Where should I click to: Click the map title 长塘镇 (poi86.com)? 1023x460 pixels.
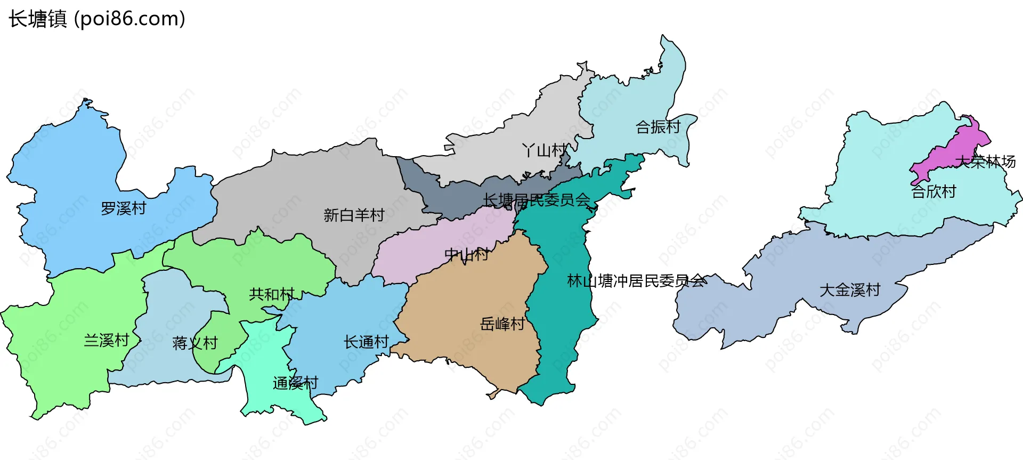point(97,19)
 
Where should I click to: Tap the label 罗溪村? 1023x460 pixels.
point(124,208)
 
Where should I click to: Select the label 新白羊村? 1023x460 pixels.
point(354,215)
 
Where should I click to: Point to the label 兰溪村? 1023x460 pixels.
point(107,340)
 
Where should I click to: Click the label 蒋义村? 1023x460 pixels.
point(195,343)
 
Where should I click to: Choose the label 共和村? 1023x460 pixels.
point(272,294)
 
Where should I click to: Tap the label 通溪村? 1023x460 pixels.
point(295,383)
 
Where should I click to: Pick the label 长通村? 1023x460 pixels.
point(366,342)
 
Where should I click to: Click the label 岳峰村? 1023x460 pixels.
point(502,324)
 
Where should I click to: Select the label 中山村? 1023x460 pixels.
point(467,254)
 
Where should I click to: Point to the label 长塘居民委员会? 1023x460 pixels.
point(537,200)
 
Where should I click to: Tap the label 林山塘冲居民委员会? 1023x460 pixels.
point(637,280)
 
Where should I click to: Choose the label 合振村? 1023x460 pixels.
point(659,127)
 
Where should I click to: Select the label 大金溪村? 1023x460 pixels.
point(850,290)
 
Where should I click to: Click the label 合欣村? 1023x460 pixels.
point(933,191)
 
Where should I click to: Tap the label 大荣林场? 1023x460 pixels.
point(985,162)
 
